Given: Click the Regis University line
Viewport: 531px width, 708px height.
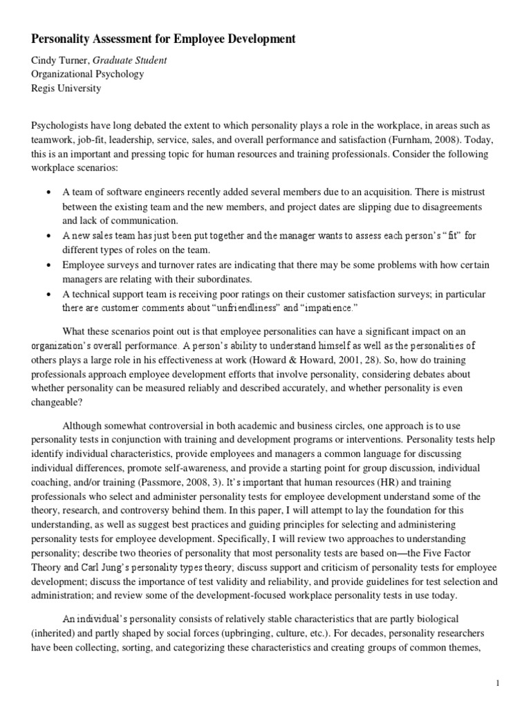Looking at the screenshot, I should coord(66,88).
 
